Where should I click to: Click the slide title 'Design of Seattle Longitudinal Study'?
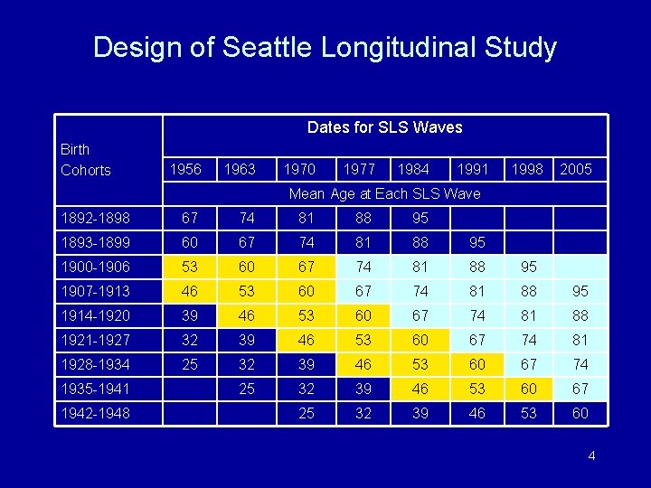pyautogui.click(x=325, y=47)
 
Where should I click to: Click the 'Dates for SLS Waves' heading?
pyautogui.click(x=384, y=127)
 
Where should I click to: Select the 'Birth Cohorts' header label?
pyautogui.click(x=86, y=159)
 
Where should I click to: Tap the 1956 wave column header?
pyautogui.click(x=185, y=170)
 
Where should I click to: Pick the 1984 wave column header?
pyautogui.click(x=413, y=170)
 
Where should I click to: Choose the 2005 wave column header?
pyautogui.click(x=576, y=170)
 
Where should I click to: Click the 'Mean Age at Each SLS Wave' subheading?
pyautogui.click(x=384, y=193)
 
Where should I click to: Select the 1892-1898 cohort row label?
pyautogui.click(x=95, y=218)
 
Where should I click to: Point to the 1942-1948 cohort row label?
pyautogui.click(x=95, y=413)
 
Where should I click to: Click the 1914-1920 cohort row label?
pyautogui.click(x=95, y=315)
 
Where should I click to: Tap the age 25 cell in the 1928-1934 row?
pyautogui.click(x=190, y=364)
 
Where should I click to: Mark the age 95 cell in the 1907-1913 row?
pyautogui.click(x=580, y=291)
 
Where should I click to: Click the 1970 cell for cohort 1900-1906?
pyautogui.click(x=307, y=267)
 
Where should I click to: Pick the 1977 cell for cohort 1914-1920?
pyautogui.click(x=363, y=315)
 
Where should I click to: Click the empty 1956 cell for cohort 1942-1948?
pyautogui.click(x=190, y=413)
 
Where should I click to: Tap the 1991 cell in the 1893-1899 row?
pyautogui.click(x=476, y=242)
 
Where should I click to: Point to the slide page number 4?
pyautogui.click(x=591, y=455)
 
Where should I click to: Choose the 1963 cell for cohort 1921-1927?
pyautogui.click(x=247, y=340)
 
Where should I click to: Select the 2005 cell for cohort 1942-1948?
pyautogui.click(x=580, y=413)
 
